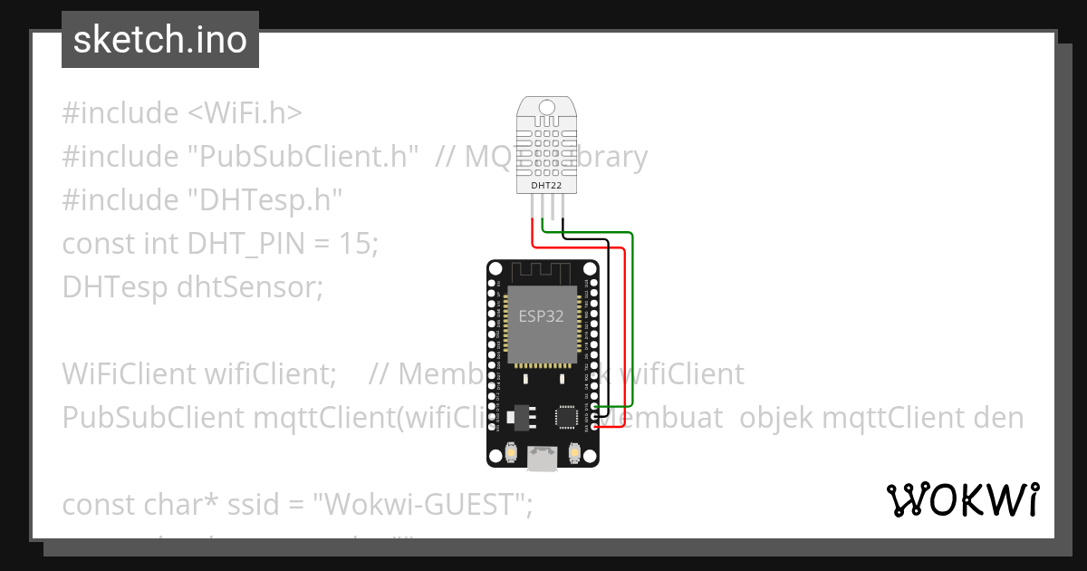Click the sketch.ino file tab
pos(159,40)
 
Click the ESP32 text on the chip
pos(542,316)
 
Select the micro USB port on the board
pos(543,460)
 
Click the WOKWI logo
pos(962,499)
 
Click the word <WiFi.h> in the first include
pos(245,113)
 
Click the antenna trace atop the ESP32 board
pos(541,270)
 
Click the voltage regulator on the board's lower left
pos(520,415)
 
